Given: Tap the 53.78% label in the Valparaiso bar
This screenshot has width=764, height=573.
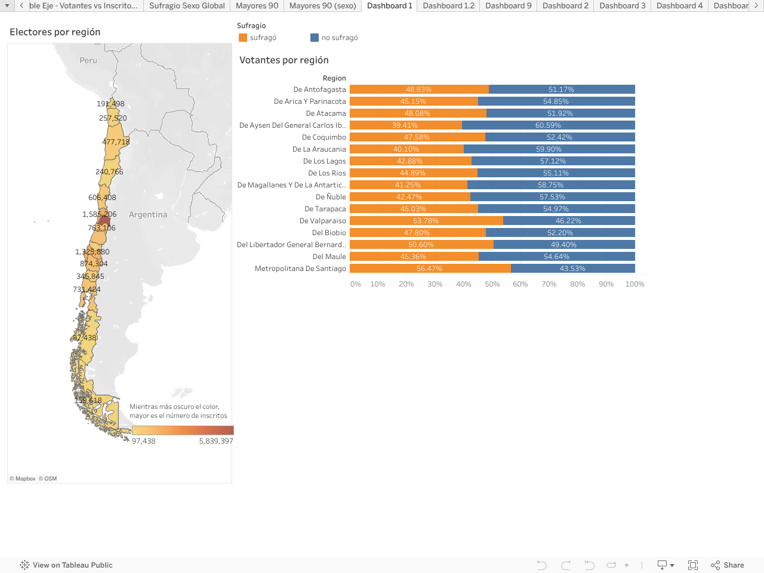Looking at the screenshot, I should click(x=426, y=221).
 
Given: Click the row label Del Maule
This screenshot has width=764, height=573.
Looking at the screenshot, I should click(x=329, y=257).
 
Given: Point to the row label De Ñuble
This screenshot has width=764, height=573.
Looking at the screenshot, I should click(x=331, y=197).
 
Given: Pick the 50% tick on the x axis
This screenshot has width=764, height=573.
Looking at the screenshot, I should click(x=492, y=284).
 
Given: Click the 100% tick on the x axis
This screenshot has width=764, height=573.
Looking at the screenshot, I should click(x=634, y=284).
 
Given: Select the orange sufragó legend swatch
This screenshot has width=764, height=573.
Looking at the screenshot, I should click(x=243, y=38).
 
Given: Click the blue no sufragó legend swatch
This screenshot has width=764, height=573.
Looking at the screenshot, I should click(x=315, y=38).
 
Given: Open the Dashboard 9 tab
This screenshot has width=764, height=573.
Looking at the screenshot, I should click(x=508, y=6).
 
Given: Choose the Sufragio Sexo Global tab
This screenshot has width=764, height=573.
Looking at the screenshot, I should click(x=187, y=6).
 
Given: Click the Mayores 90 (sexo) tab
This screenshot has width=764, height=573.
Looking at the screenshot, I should click(x=322, y=6).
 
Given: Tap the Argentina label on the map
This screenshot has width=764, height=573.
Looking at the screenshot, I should click(x=148, y=215).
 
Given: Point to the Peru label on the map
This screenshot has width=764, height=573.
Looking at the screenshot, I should click(x=88, y=60).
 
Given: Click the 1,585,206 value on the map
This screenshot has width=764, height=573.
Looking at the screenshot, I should click(x=100, y=214).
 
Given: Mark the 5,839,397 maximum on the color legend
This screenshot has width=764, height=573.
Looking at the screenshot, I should click(x=216, y=441).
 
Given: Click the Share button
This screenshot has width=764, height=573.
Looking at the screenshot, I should click(x=728, y=565).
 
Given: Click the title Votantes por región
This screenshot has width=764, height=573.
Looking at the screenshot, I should click(x=284, y=60).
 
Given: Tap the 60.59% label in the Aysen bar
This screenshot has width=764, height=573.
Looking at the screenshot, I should click(x=548, y=125).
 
